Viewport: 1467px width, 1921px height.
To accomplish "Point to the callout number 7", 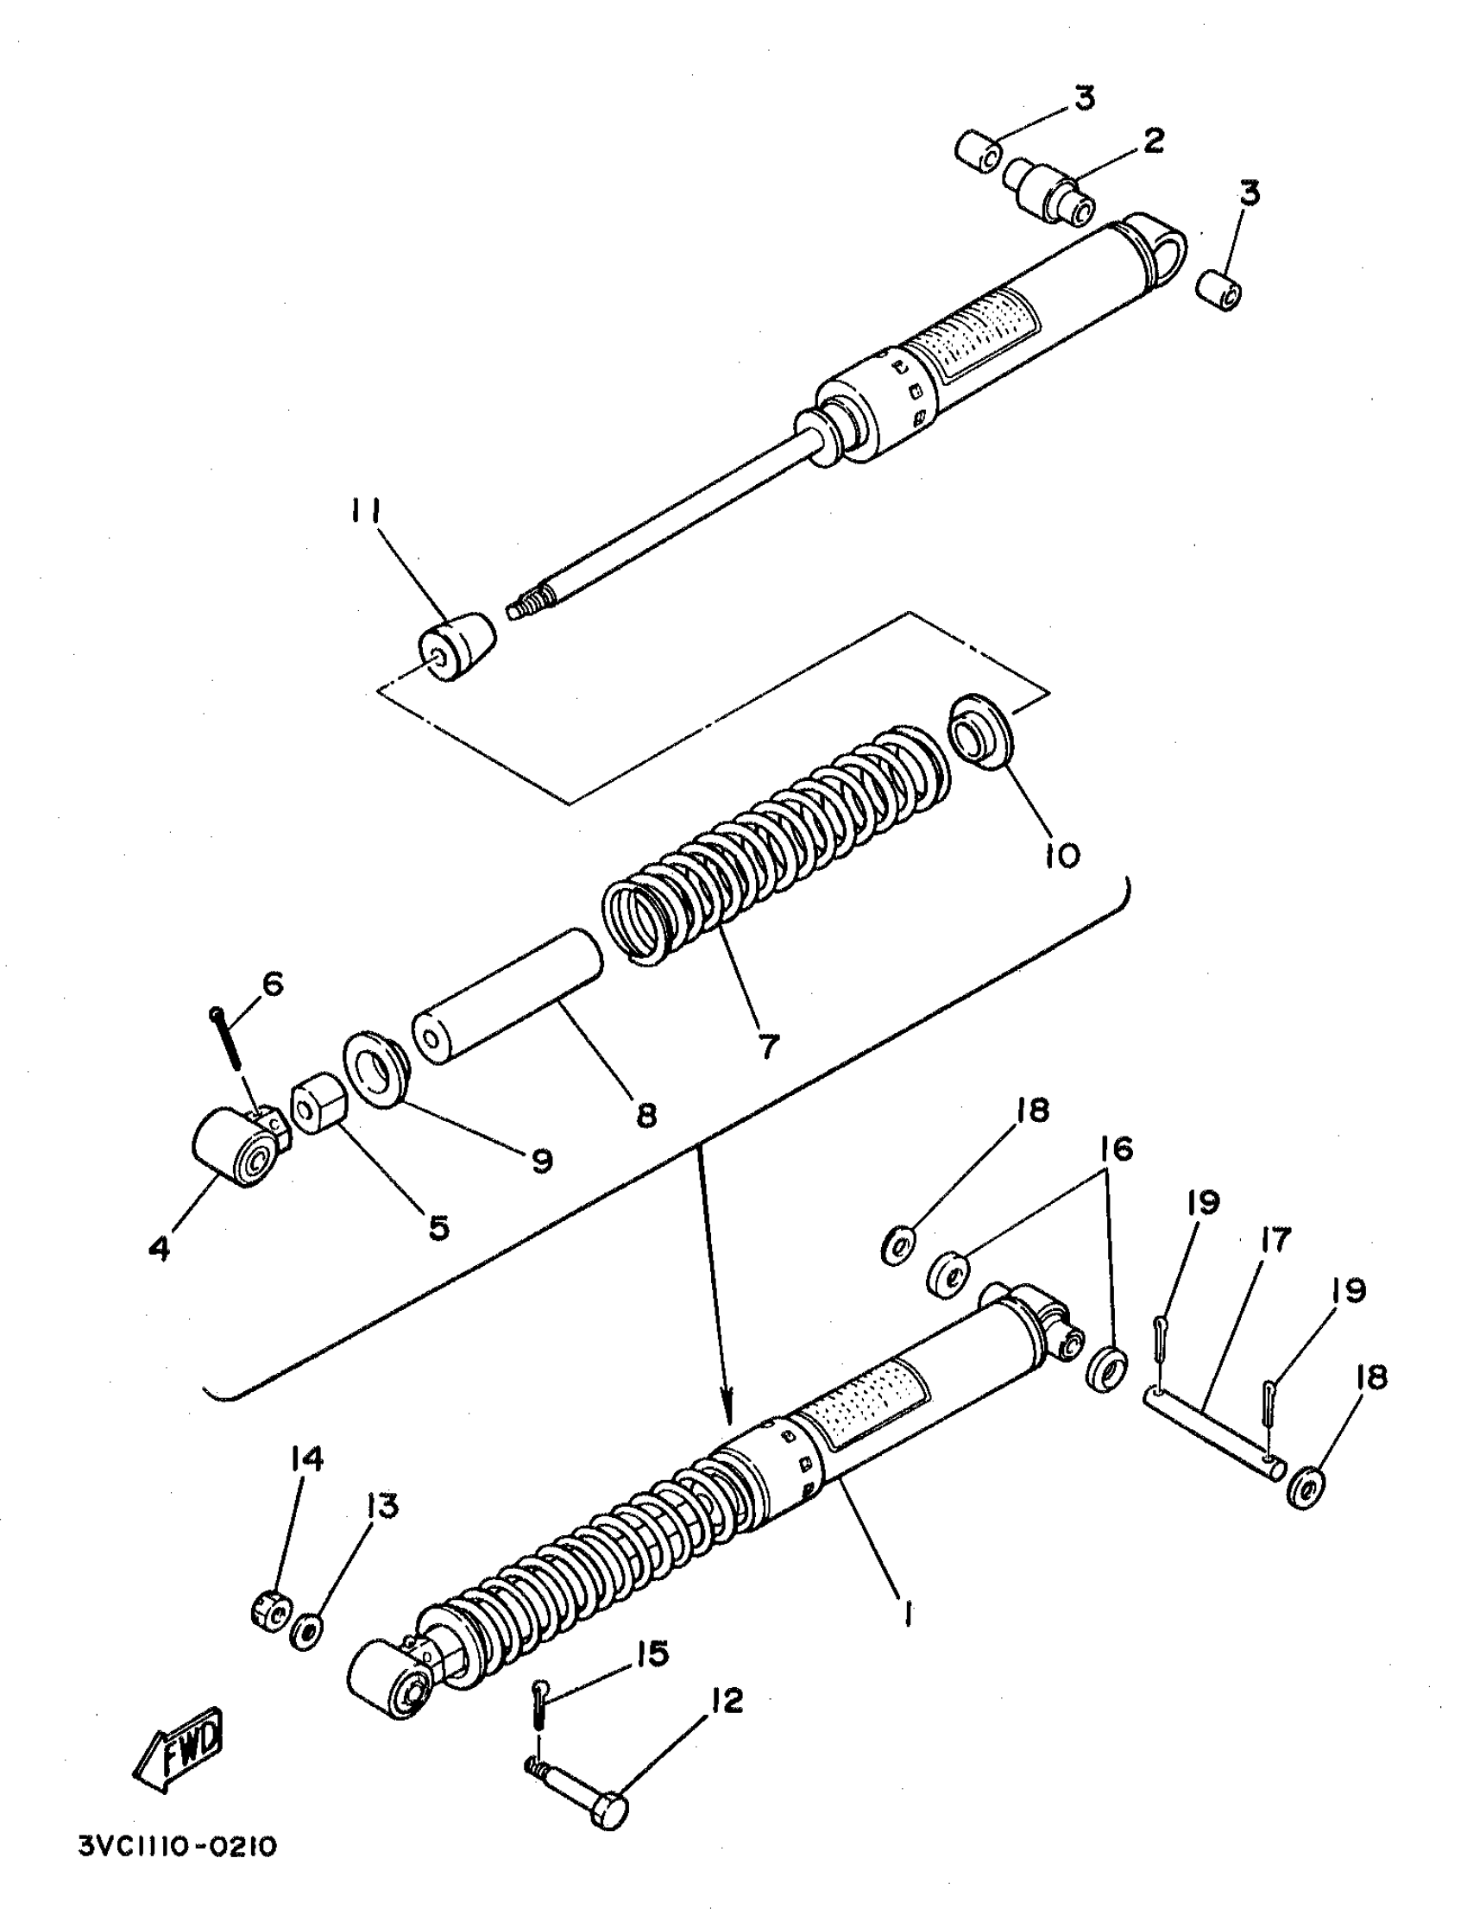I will click(767, 1046).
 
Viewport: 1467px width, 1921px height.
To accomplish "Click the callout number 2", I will click(1153, 140).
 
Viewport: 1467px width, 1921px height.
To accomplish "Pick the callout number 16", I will click(1118, 1149).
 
